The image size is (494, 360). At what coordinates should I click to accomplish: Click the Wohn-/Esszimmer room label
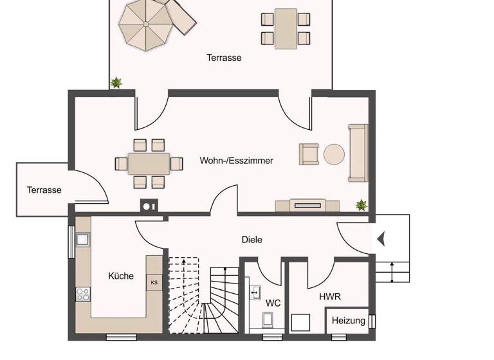click(236, 161)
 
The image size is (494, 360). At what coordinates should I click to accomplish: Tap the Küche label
click(121, 276)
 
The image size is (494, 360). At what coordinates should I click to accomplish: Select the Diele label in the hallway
click(252, 240)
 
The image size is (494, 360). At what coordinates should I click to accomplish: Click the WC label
click(273, 302)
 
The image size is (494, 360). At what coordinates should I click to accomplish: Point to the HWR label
click(329, 297)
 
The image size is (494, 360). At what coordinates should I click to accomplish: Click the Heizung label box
click(349, 320)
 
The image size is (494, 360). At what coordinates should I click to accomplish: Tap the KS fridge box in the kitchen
click(154, 282)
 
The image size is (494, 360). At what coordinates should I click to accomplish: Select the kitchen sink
click(83, 240)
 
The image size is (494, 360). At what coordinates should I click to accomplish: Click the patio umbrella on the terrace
click(145, 25)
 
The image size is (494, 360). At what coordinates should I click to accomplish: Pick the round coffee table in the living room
click(334, 154)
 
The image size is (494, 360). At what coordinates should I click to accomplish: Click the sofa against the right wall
click(358, 153)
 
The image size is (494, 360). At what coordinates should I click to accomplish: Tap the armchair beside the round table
click(309, 154)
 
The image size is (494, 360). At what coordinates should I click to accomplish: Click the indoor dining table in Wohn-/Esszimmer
click(149, 164)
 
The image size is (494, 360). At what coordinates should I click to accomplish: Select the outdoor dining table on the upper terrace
click(286, 28)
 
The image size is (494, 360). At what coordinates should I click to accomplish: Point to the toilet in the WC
click(269, 319)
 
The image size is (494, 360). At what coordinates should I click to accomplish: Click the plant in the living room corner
click(361, 205)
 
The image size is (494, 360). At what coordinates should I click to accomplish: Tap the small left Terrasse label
click(44, 190)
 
